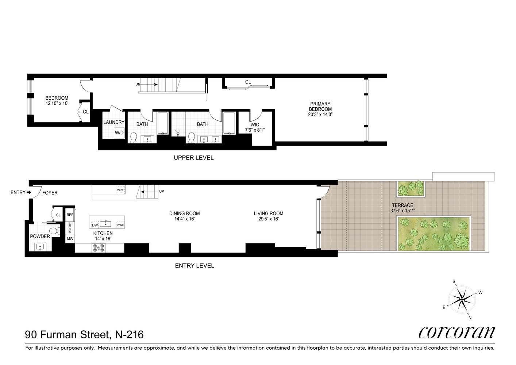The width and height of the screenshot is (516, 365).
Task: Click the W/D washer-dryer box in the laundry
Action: coord(119,132)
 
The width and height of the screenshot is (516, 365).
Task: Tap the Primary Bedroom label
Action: coord(320,107)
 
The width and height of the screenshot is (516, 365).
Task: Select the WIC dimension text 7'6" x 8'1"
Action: coord(255,130)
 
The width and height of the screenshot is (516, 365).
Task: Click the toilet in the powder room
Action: coord(54,231)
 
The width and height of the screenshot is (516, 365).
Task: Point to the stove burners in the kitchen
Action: coord(99,248)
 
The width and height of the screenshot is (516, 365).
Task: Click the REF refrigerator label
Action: coord(70,215)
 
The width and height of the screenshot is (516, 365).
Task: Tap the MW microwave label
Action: coord(70,239)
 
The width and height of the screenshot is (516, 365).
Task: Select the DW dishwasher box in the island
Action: coord(95,225)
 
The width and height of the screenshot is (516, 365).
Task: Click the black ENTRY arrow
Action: coord(29,192)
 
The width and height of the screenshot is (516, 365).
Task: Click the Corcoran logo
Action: coord(456,332)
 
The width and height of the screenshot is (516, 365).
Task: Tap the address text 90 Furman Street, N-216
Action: coord(84,334)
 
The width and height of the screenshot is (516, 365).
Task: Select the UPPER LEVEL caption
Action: coord(193,158)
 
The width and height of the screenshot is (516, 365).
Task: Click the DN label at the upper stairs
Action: coord(138,84)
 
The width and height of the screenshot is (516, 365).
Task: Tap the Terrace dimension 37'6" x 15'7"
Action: coord(403,211)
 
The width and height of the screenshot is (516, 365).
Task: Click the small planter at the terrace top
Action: coord(411,188)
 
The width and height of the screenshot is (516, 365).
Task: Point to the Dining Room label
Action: coord(184,214)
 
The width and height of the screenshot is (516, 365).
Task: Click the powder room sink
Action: coord(40,247)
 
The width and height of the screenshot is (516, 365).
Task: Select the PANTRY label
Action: coord(70,227)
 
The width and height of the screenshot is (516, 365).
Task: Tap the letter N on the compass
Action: coord(470,318)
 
